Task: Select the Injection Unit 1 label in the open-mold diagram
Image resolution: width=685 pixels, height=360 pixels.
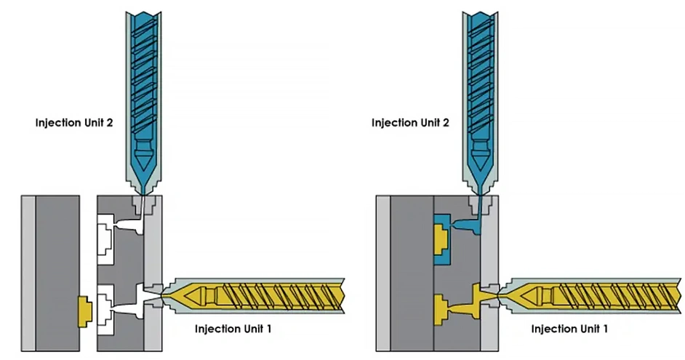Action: pyautogui.click(x=233, y=329)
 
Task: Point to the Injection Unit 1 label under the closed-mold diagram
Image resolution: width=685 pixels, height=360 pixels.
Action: pyautogui.click(x=569, y=329)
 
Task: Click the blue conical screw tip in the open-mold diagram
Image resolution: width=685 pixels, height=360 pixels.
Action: pyautogui.click(x=144, y=154)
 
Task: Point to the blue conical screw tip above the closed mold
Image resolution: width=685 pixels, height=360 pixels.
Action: pyautogui.click(x=481, y=154)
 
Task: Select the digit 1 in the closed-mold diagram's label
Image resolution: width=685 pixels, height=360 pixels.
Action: pyautogui.click(x=605, y=329)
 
